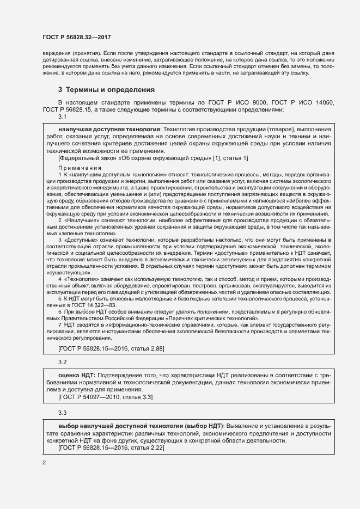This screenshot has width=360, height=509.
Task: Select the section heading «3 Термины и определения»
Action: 106,89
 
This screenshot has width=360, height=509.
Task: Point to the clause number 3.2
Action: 62,361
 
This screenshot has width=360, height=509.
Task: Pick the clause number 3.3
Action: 62,413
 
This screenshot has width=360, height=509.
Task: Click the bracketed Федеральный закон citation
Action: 153,158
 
